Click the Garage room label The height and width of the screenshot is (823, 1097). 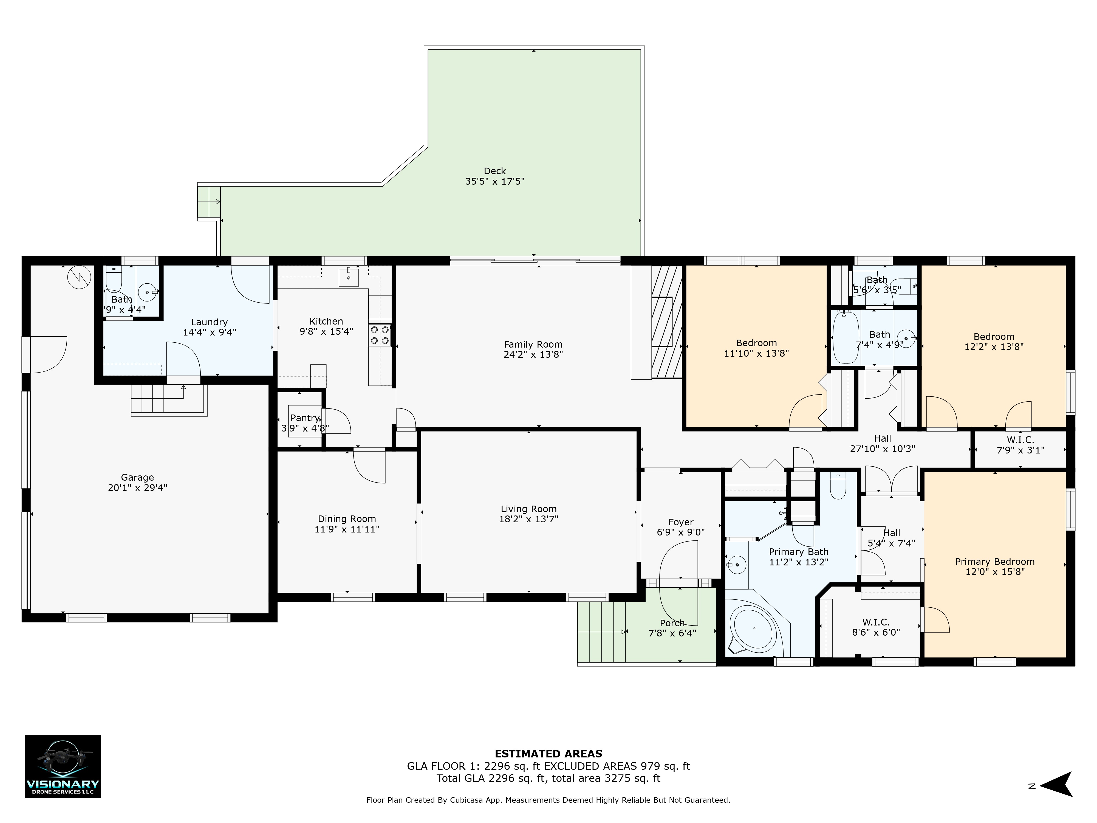[137, 478]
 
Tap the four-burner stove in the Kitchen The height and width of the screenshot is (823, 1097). [379, 335]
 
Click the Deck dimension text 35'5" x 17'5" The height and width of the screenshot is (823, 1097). [494, 182]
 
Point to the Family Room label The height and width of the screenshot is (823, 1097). [533, 344]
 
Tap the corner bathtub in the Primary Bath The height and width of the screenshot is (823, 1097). [754, 628]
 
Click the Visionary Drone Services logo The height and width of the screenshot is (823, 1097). [63, 766]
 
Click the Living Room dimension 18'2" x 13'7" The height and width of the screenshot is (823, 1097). [529, 519]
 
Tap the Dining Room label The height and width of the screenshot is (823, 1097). [347, 519]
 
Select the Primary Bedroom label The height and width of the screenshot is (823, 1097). [995, 562]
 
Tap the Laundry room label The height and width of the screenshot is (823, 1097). [209, 322]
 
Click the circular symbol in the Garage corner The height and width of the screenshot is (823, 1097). [79, 278]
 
